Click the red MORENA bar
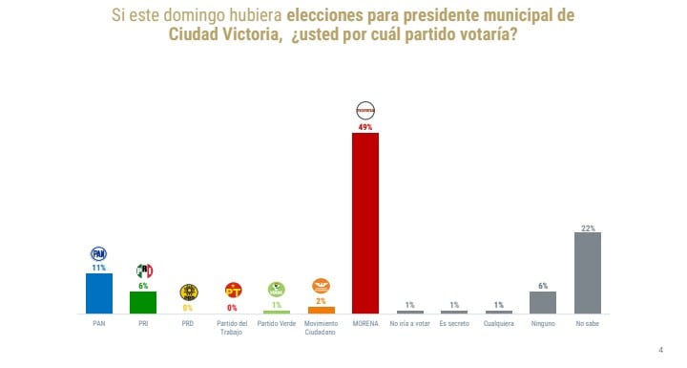coord(365,223)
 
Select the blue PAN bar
coord(99,293)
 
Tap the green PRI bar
coord(143,302)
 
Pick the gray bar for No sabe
coord(588,272)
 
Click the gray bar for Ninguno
coord(543,302)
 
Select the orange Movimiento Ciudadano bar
coord(322,310)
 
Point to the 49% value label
coord(365,126)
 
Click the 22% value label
coord(588,227)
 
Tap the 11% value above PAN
coord(98,268)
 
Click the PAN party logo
coord(98,253)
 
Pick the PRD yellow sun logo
coord(188,292)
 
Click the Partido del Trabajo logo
coord(232,290)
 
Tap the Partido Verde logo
coord(277,288)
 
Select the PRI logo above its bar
coord(144,271)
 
